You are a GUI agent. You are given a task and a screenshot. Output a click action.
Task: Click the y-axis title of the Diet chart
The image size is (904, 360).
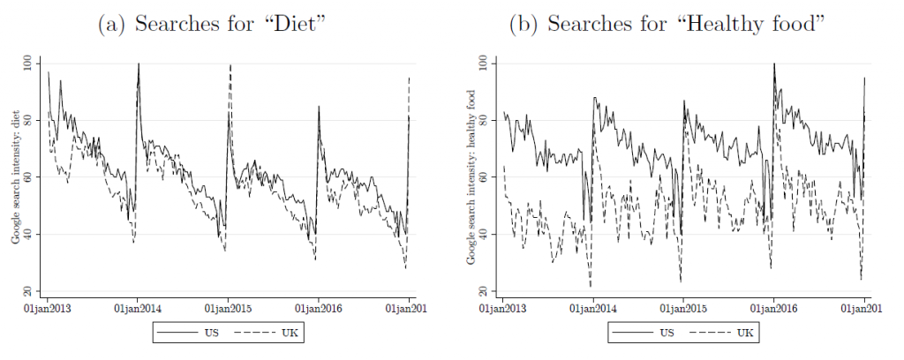17,177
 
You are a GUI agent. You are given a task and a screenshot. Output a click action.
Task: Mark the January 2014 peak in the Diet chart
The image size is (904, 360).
139,64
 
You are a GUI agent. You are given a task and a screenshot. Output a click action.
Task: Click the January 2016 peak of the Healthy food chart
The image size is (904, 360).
774,64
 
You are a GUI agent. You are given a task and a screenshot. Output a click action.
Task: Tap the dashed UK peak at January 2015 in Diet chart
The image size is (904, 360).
230,65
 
